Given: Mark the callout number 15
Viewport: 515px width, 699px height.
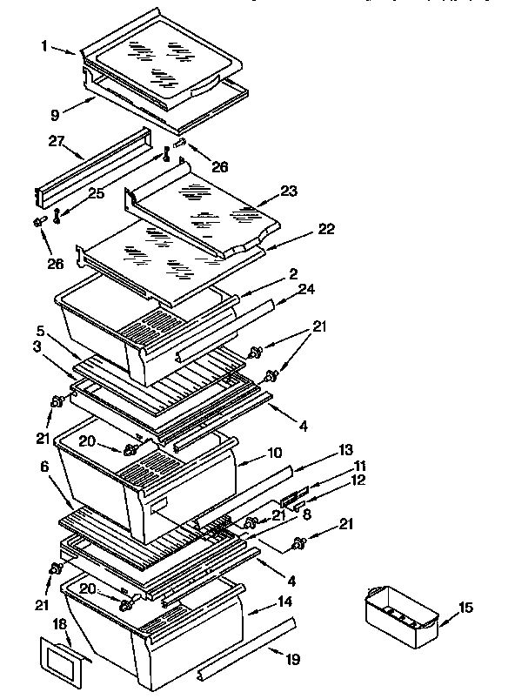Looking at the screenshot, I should click(466, 607).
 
